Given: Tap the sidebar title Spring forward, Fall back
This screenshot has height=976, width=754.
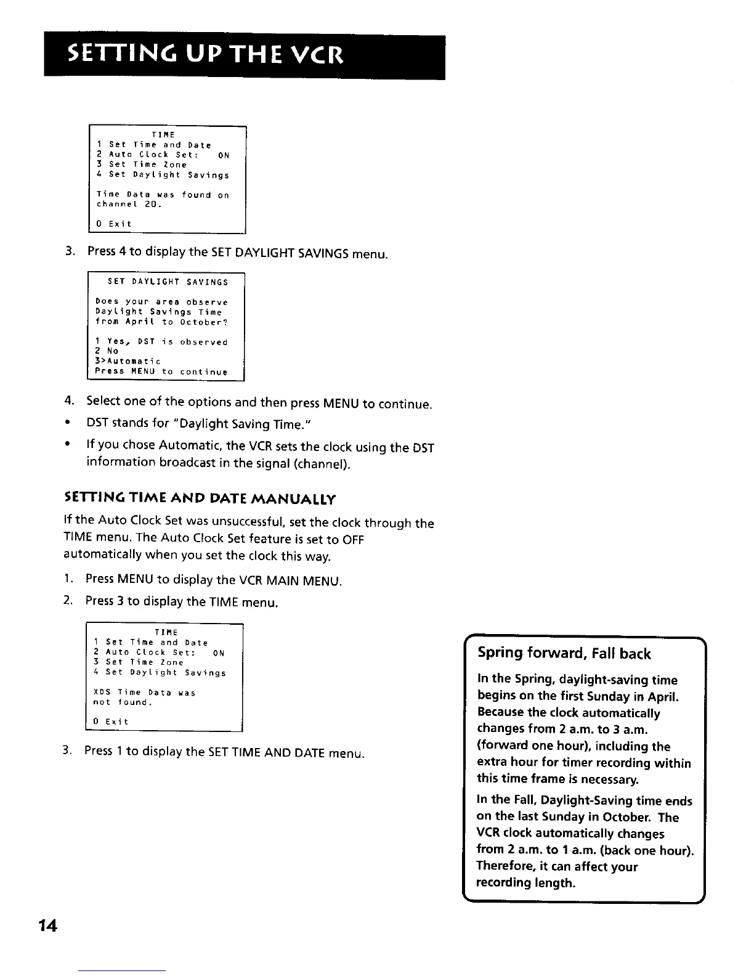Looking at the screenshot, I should tap(564, 654).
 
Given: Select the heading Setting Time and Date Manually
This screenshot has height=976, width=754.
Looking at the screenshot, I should tap(200, 498).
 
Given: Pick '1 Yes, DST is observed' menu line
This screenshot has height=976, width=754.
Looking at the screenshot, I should tap(161, 341).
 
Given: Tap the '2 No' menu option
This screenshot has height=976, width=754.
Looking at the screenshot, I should tap(106, 351).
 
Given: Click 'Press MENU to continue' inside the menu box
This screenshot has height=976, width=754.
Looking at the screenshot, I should tap(161, 372).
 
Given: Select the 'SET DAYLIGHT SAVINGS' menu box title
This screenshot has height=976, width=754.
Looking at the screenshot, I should tap(168, 282).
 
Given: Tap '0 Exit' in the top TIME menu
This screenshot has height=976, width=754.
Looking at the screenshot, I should tap(114, 224).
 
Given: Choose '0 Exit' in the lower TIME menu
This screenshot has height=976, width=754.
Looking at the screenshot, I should tap(111, 722).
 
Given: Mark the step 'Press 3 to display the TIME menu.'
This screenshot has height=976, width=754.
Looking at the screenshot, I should tap(182, 601).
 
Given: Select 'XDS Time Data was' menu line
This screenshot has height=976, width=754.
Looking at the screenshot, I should tap(144, 693).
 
